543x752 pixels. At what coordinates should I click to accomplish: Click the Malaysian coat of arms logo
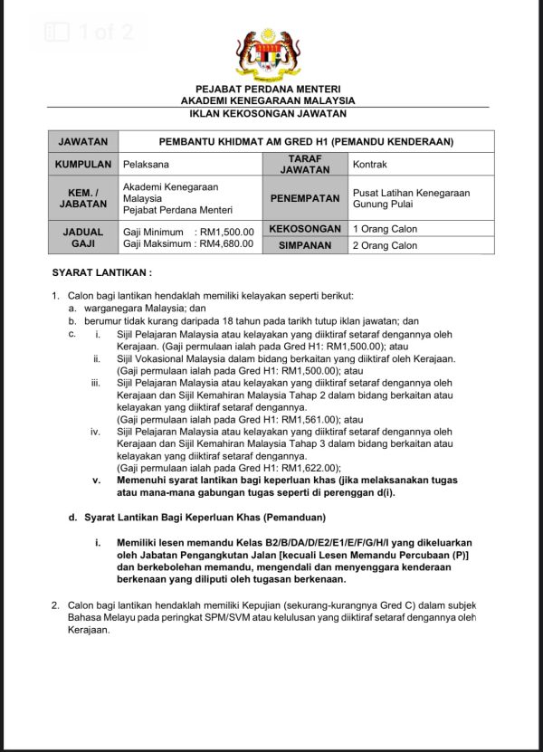pos(271,54)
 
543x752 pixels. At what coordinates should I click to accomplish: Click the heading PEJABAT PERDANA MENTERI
pos(271,89)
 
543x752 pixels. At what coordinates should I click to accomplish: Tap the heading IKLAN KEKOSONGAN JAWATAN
pos(271,114)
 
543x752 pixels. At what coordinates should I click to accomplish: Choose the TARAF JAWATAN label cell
pos(305,165)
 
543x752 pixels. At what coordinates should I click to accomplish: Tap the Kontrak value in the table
pos(370,165)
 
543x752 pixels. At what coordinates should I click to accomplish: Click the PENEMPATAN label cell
pos(305,198)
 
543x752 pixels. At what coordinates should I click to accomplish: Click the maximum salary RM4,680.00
pos(226,244)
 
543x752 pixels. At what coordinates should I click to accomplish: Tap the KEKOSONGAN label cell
pos(305,229)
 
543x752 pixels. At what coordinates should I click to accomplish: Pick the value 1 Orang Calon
pos(385,230)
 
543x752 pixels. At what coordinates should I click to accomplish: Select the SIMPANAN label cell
pos(305,245)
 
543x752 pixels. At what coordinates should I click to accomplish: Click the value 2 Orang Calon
pos(385,245)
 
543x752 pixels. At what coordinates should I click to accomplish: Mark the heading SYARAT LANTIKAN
pos(102,272)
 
